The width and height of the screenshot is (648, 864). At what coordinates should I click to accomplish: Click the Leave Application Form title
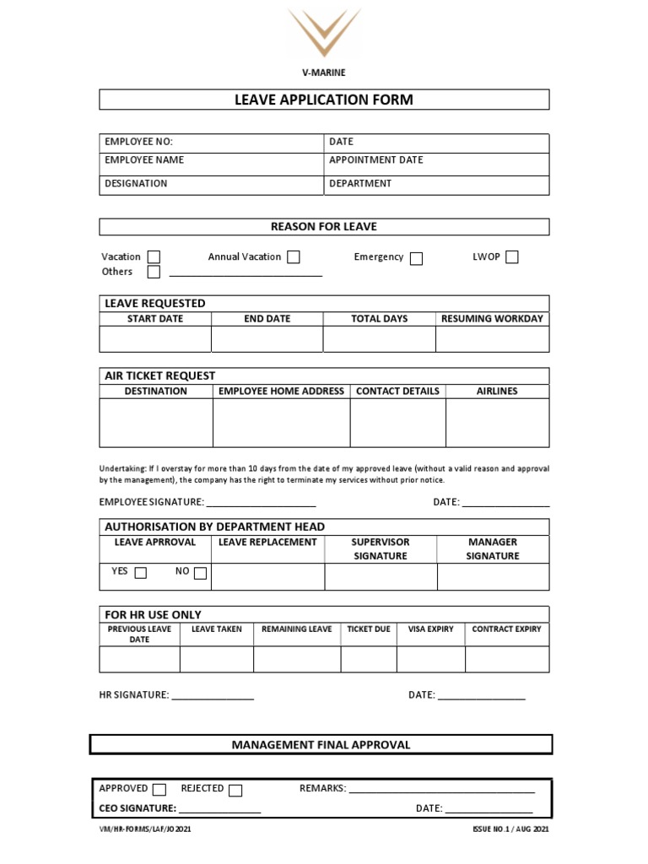tap(324, 100)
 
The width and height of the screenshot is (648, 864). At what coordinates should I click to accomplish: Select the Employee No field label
tap(138, 142)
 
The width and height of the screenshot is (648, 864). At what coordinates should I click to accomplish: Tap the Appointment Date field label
tap(375, 160)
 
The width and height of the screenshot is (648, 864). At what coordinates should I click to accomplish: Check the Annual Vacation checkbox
tap(293, 257)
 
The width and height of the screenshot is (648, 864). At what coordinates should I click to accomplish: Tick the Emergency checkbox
tap(416, 258)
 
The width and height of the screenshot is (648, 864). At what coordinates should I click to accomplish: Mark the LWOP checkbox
tap(511, 257)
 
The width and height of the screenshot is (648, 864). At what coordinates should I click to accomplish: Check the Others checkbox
tap(154, 272)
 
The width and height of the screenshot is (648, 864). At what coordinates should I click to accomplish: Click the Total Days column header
tap(379, 319)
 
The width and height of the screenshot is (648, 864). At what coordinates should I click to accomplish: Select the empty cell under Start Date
tap(155, 339)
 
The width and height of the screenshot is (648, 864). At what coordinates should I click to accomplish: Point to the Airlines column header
tap(497, 391)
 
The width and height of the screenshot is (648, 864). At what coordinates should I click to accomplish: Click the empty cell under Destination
tap(156, 423)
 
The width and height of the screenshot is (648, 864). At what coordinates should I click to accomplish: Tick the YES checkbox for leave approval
tap(141, 574)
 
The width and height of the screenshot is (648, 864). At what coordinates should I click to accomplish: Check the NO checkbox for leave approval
tap(200, 574)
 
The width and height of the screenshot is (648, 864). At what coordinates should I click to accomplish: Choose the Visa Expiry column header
tap(430, 629)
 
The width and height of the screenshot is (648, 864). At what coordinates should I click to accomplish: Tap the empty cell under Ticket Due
tap(369, 659)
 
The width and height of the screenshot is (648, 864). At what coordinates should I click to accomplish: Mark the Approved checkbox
tap(159, 790)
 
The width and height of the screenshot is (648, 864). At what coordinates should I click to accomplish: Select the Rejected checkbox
tap(235, 790)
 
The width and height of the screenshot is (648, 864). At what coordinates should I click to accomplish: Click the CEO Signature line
tap(219, 810)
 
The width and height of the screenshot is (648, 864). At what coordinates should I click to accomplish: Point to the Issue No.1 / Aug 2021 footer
tap(511, 830)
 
